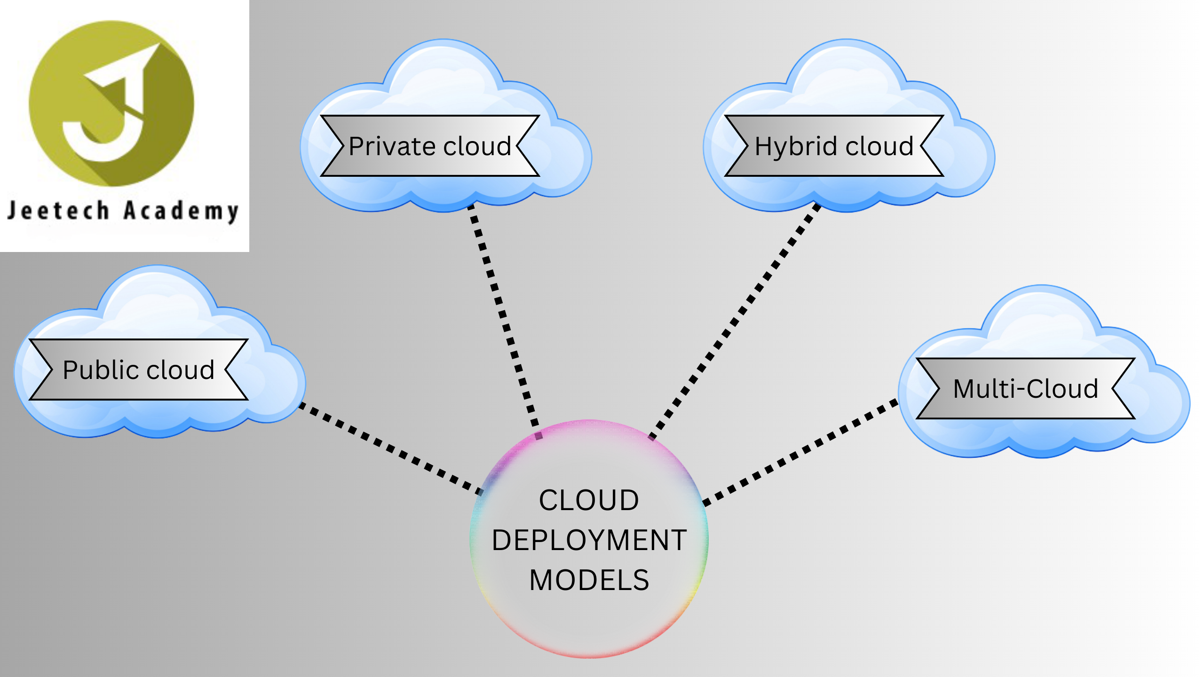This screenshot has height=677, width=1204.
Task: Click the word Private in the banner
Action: tap(393, 147)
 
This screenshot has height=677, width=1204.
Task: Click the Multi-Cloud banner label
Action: tap(1025, 389)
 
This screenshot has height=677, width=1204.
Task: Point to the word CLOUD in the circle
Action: tap(589, 500)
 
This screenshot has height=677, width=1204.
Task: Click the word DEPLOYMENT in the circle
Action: tap(589, 540)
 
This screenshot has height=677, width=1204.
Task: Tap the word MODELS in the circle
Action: tap(589, 580)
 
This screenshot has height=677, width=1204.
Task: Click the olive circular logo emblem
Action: tap(111, 103)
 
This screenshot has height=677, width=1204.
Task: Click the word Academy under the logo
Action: tap(181, 212)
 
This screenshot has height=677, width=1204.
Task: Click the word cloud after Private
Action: tap(477, 147)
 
